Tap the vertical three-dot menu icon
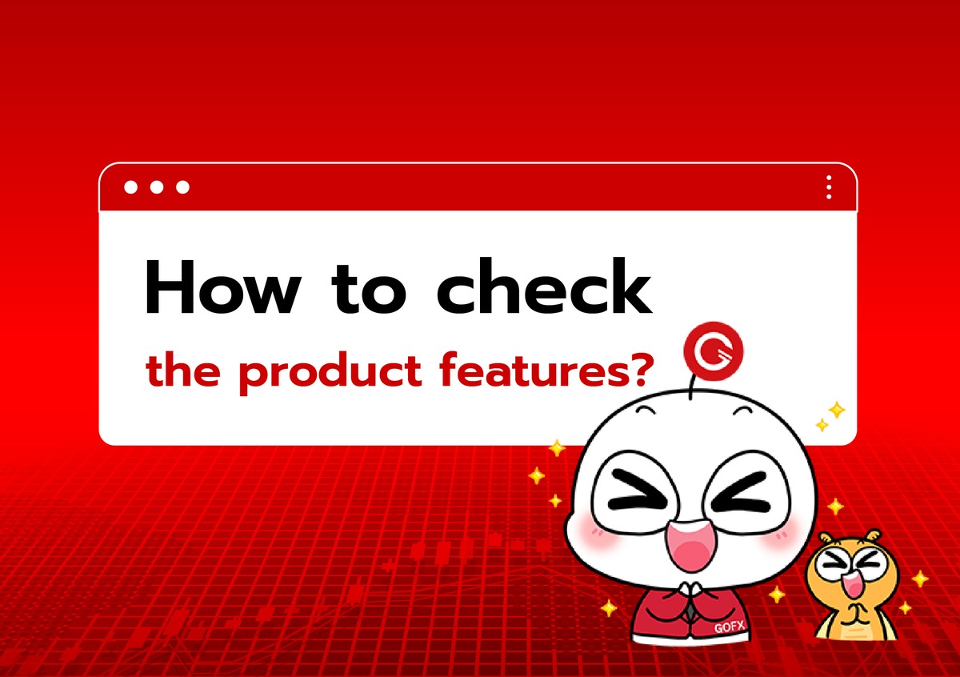[829, 187]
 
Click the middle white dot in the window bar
[157, 187]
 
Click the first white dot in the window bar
[130, 187]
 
